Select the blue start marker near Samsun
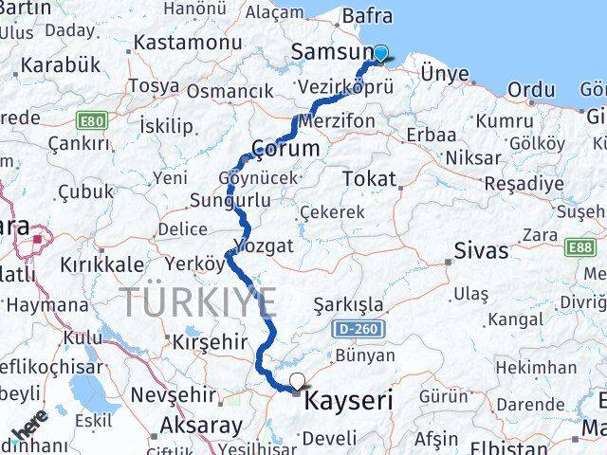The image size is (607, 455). click(380, 54)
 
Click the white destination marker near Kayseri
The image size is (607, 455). click(298, 383)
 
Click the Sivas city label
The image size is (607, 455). click(481, 251)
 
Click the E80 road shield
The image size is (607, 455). click(93, 121)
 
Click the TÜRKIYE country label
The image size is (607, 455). click(199, 303)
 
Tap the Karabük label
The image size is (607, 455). click(60, 65)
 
